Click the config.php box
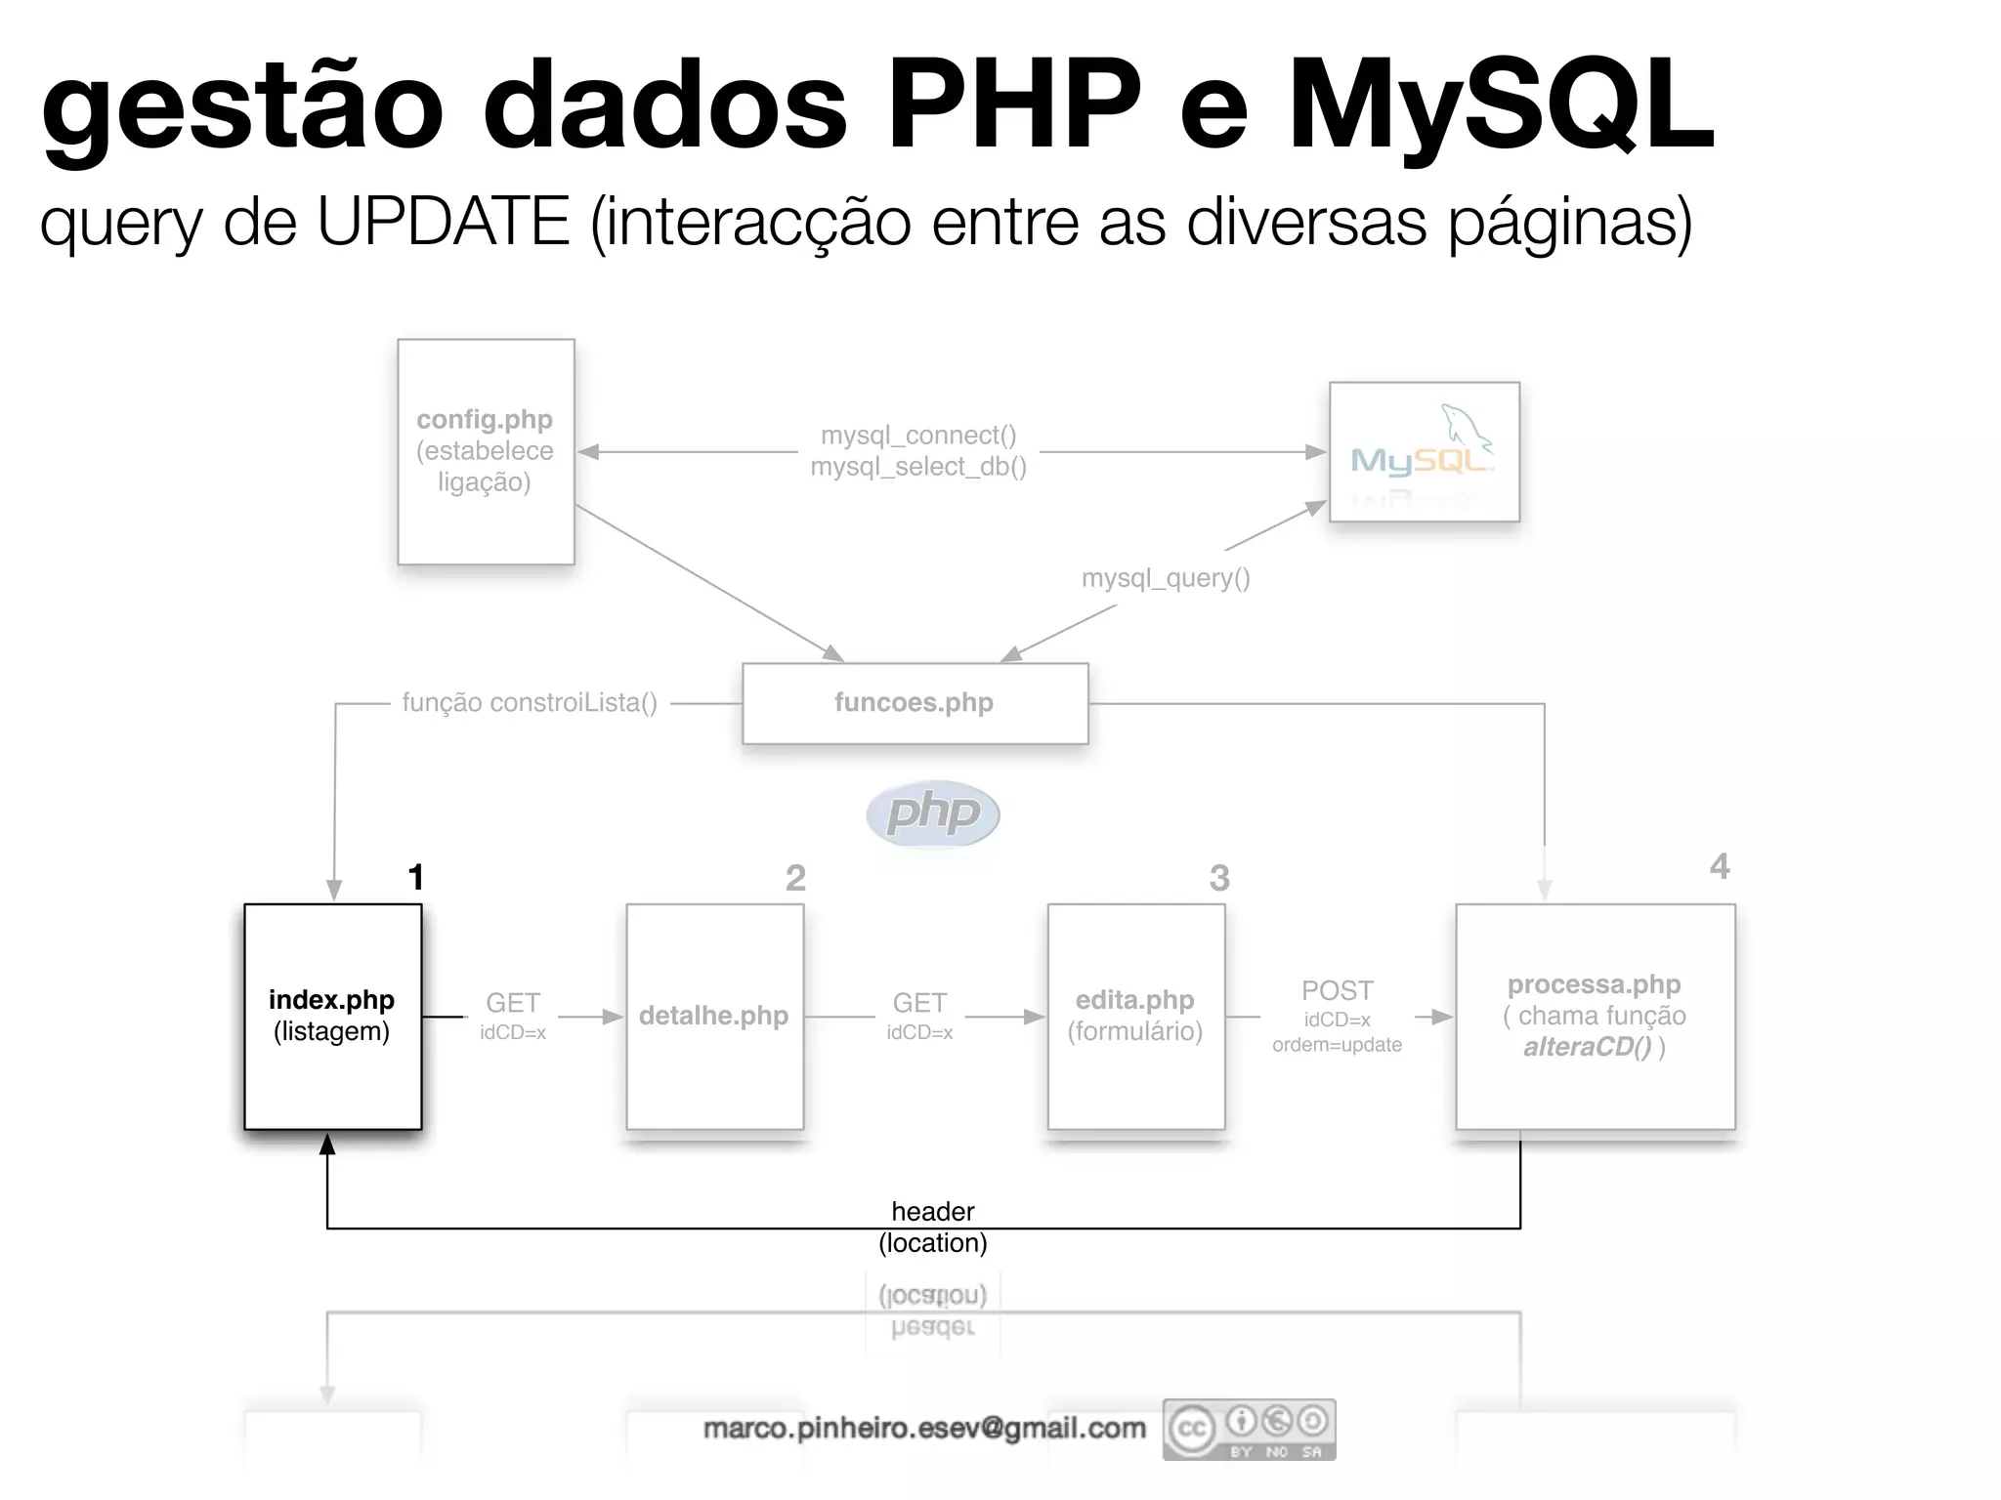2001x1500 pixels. tap(486, 451)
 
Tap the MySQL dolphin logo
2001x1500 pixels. tap(1424, 451)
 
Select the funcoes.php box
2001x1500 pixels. tap(915, 703)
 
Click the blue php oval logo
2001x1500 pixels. tap(933, 812)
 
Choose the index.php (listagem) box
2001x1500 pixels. tap(332, 1016)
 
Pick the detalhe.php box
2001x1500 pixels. tap(714, 1016)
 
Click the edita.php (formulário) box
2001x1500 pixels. tap(1135, 1016)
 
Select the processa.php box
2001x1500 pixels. tap(1595, 1016)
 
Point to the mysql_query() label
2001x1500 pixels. tap(1166, 578)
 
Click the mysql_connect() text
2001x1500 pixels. tap(918, 436)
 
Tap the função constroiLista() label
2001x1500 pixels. tap(530, 703)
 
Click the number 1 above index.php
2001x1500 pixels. tap(416, 877)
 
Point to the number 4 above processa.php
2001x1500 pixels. tap(1720, 866)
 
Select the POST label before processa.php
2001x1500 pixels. tap(1337, 990)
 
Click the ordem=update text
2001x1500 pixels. tap(1337, 1045)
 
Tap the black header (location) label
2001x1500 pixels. tap(933, 1227)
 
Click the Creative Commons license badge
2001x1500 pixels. tap(1249, 1430)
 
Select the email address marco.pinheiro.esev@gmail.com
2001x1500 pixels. tap(924, 1429)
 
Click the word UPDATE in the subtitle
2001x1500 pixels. tap(443, 221)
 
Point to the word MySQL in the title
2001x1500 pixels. tap(1501, 105)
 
